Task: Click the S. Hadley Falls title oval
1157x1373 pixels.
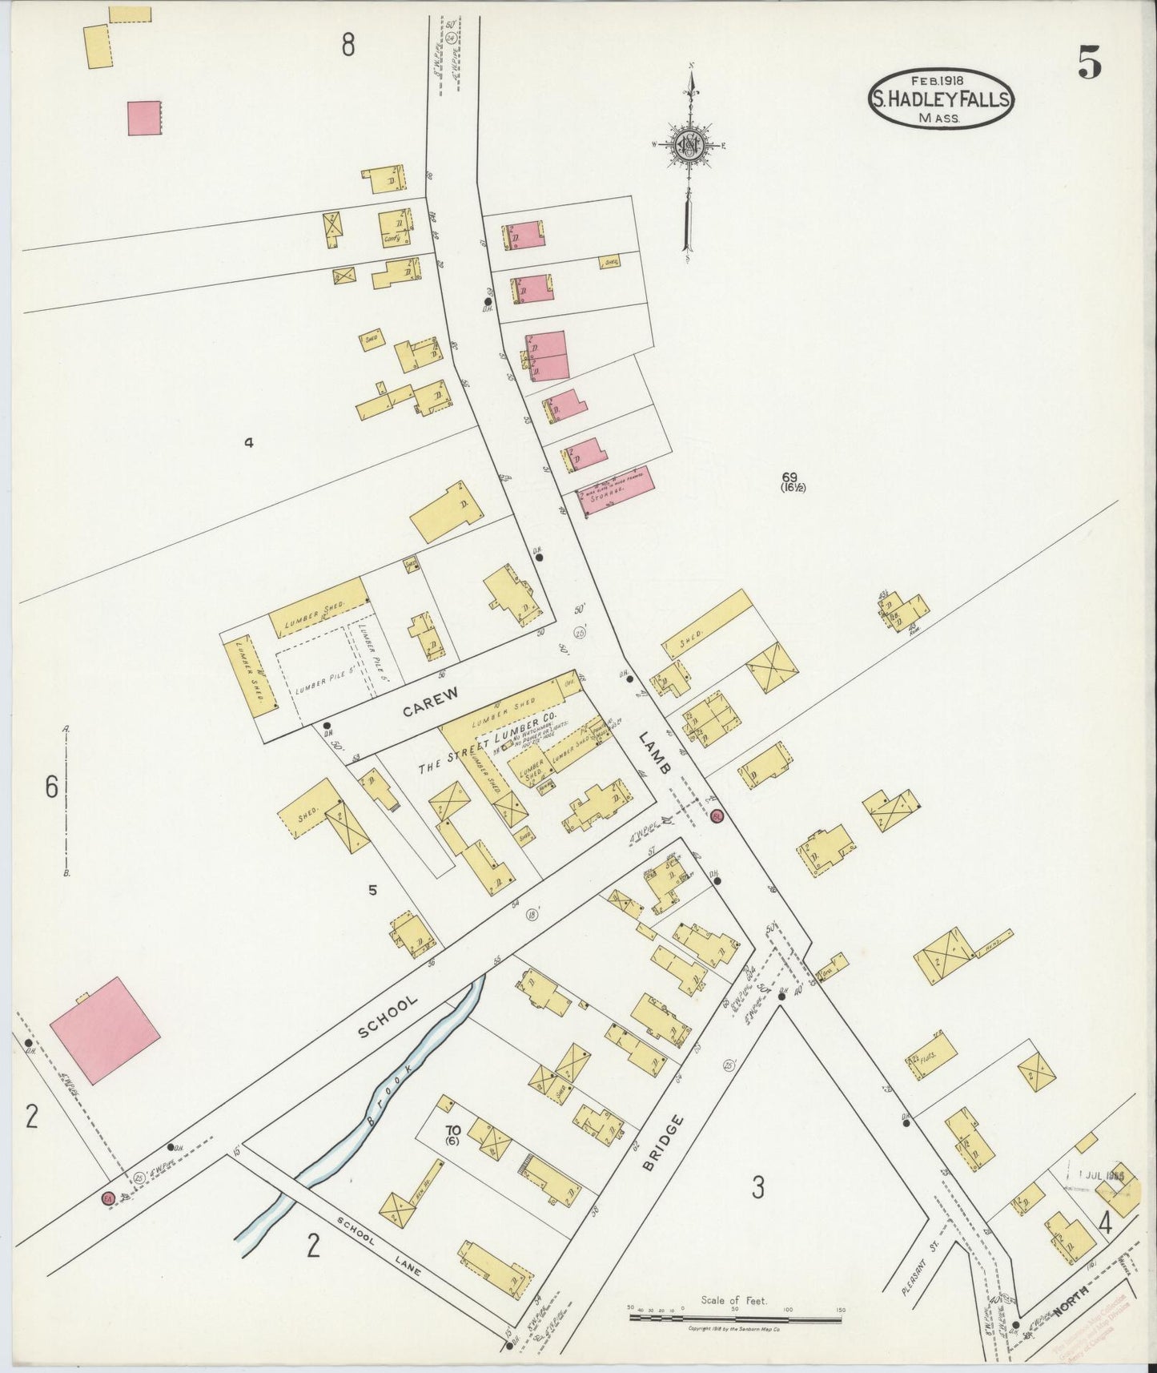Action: [x=940, y=99]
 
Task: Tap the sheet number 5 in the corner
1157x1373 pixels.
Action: [x=1089, y=62]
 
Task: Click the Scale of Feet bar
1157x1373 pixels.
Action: [x=735, y=1311]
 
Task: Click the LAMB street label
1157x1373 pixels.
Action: [x=657, y=752]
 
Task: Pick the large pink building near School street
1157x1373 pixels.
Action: [x=104, y=1029]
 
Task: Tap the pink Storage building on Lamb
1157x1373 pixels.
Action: [x=615, y=489]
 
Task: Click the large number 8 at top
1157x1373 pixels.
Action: [x=348, y=45]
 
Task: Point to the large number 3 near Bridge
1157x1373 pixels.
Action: [x=757, y=1186]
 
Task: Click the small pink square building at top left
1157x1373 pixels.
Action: [x=144, y=118]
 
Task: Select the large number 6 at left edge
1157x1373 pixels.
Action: [x=51, y=788]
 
